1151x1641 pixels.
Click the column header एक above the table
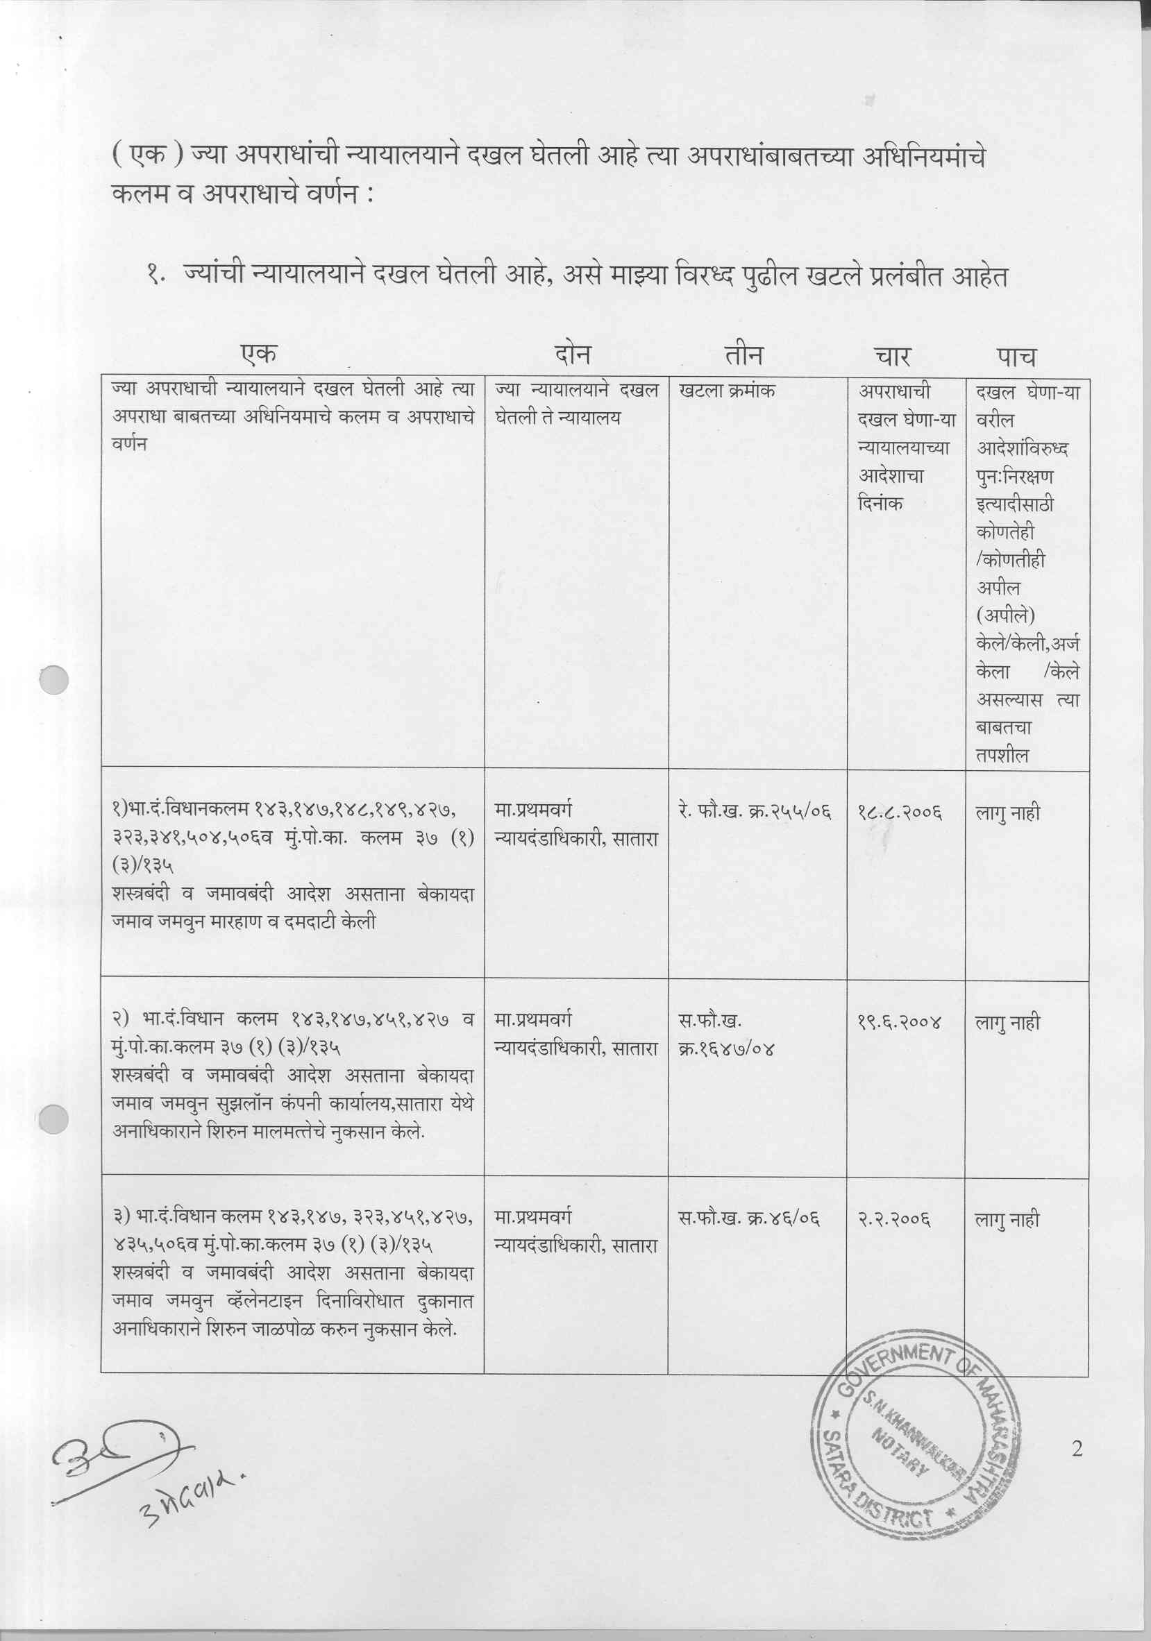pyautogui.click(x=259, y=354)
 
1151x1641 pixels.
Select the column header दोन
pyautogui.click(x=573, y=355)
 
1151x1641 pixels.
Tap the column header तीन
pyautogui.click(x=744, y=355)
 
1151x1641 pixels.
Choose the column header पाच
pyautogui.click(x=1016, y=356)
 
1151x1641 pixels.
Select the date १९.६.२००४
pyautogui.click(x=900, y=1023)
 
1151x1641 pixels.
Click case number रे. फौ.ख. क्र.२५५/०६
pyautogui.click(x=754, y=811)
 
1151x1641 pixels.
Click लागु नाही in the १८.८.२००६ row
pyautogui.click(x=1007, y=813)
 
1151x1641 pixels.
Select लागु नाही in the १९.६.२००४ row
pyautogui.click(x=1007, y=1023)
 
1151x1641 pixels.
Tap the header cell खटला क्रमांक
pyautogui.click(x=727, y=391)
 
